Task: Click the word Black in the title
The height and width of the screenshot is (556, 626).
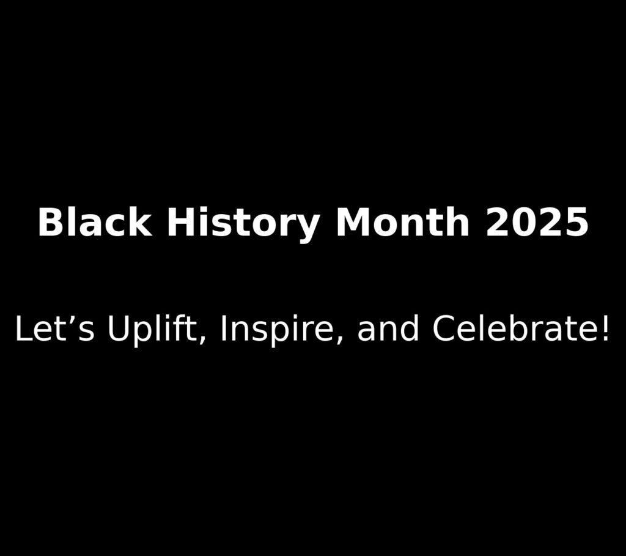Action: [94, 222]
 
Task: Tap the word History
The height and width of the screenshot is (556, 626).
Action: [243, 222]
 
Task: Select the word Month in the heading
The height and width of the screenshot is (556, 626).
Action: [402, 222]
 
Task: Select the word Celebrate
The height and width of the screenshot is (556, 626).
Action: [514, 330]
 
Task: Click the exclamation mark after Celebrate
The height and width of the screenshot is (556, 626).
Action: [605, 330]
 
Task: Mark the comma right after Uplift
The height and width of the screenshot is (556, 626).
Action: [202, 341]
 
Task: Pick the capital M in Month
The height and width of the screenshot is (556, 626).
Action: [353, 222]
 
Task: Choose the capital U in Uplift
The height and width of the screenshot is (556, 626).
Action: [117, 330]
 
